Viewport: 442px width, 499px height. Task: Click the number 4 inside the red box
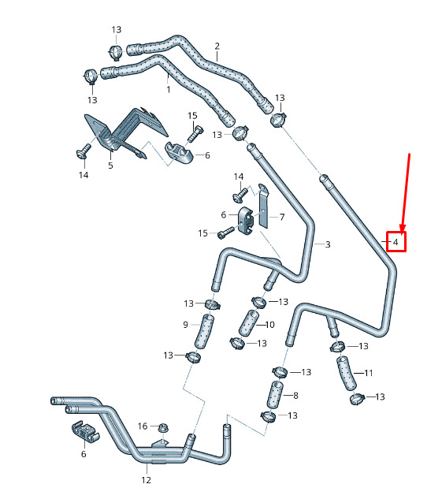[x=396, y=242]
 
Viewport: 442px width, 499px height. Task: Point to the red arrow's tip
[x=402, y=233]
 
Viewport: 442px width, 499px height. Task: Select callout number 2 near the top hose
[x=217, y=47]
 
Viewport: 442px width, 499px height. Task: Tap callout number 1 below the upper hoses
[x=169, y=89]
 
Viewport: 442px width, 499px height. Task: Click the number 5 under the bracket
[x=110, y=166]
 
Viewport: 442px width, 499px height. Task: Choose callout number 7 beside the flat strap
[x=282, y=217]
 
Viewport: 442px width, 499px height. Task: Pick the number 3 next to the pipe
[x=328, y=244]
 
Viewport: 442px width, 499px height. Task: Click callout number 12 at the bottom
[x=147, y=480]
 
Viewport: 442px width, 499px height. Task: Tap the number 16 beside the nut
[x=143, y=426]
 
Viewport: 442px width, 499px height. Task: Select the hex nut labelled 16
[x=163, y=427]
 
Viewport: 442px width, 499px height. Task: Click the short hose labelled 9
[x=204, y=332]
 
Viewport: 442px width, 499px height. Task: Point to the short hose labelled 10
[x=248, y=322]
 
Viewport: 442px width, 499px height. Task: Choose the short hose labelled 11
[x=347, y=373]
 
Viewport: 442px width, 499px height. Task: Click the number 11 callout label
[x=368, y=373]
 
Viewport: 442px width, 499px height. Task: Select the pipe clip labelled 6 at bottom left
[x=84, y=432]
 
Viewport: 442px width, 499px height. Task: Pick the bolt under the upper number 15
[x=195, y=134]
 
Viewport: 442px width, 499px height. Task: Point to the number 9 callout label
[x=186, y=325]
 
